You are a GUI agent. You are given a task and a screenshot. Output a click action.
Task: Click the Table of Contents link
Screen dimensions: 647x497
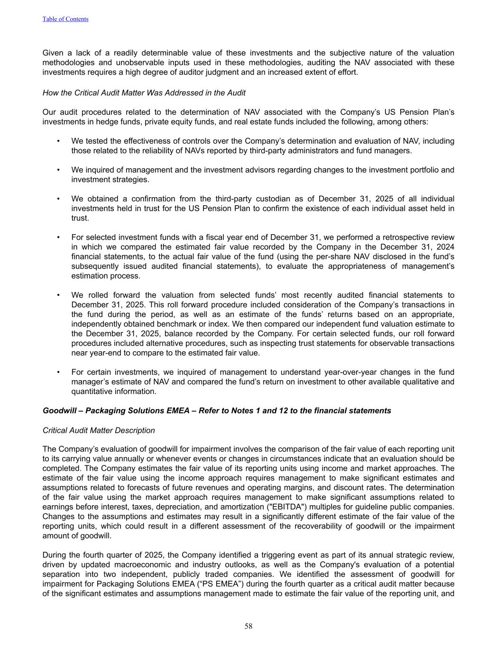point(65,19)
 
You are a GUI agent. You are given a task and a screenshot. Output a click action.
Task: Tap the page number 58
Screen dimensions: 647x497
point(248,626)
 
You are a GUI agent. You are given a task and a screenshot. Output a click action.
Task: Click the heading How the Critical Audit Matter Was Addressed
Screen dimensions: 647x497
point(144,93)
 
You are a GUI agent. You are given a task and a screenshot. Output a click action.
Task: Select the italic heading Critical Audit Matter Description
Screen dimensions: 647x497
point(99,430)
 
